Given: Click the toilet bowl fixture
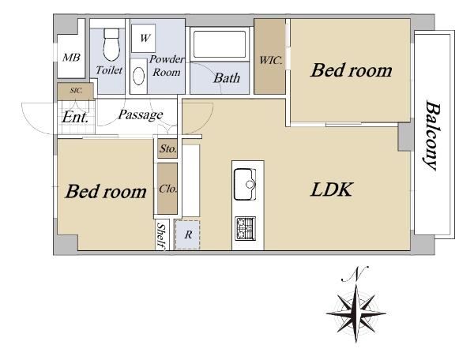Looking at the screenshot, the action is pyautogui.click(x=111, y=44).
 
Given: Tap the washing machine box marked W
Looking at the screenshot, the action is pyautogui.click(x=144, y=39).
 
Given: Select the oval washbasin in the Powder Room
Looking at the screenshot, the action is pyautogui.click(x=139, y=76).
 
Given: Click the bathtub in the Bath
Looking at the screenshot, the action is pyautogui.click(x=220, y=44).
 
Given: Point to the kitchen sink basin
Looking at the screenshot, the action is pyautogui.click(x=245, y=184).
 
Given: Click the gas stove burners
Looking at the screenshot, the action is pyautogui.click(x=245, y=228).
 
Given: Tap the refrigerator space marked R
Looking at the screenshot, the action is pyautogui.click(x=188, y=234).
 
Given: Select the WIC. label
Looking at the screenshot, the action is pyautogui.click(x=271, y=60).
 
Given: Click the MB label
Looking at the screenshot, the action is pyautogui.click(x=71, y=57).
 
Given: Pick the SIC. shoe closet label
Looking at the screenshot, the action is pyautogui.click(x=76, y=90).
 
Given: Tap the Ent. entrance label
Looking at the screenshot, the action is pyautogui.click(x=75, y=117).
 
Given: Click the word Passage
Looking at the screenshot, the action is pyautogui.click(x=141, y=114).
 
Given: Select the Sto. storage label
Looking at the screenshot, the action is pyautogui.click(x=167, y=148).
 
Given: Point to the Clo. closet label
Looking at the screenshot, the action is pyautogui.click(x=167, y=189).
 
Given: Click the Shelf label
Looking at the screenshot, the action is pyautogui.click(x=162, y=237).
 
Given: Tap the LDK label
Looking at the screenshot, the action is pyautogui.click(x=332, y=189).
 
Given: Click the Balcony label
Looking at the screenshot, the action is pyautogui.click(x=431, y=135).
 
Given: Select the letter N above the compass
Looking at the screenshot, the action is pyautogui.click(x=355, y=274).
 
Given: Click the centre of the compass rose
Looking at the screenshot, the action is pyautogui.click(x=356, y=313).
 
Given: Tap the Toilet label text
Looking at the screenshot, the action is pyautogui.click(x=109, y=70).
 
